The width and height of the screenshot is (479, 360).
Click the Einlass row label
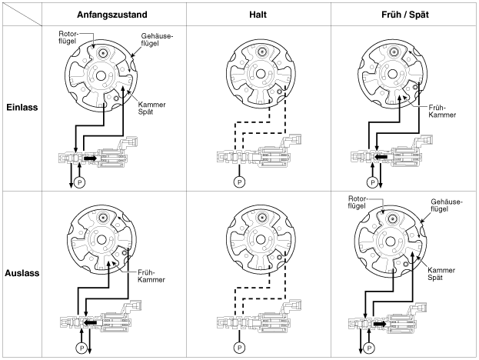pos(22,108)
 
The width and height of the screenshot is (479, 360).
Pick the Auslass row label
pos(22,272)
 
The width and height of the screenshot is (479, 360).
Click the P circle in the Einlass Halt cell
pos(239,182)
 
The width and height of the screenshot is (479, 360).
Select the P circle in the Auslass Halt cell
pos(239,347)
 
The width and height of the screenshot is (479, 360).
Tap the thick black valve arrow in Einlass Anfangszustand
pos(90,158)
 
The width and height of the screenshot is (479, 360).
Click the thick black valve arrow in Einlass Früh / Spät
pos(380,158)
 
